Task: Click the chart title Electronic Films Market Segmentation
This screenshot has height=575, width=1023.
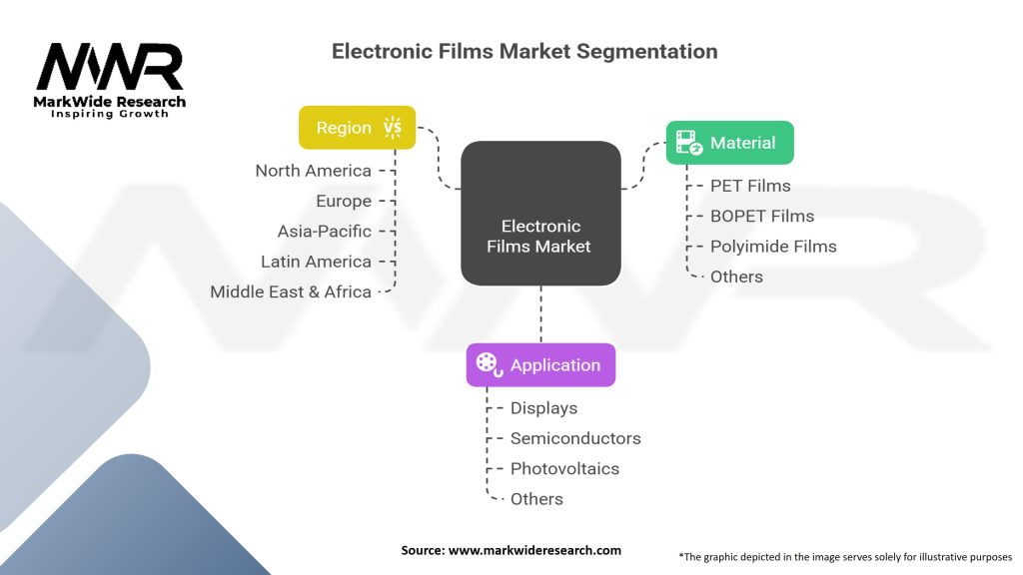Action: [524, 51]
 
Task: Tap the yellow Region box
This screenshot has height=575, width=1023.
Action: [357, 128]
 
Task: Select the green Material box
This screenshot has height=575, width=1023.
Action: [729, 143]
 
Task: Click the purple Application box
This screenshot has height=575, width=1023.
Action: [540, 365]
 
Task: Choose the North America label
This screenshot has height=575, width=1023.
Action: [313, 171]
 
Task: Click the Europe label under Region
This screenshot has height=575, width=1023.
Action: [343, 201]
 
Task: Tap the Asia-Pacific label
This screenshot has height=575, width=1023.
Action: [324, 232]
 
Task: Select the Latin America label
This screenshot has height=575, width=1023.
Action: [316, 262]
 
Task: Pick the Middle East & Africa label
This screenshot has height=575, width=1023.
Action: [290, 292]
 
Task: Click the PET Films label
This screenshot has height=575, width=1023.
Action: [749, 186]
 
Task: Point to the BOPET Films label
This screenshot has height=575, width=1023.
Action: [761, 216]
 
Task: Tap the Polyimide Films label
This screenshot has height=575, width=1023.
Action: [772, 247]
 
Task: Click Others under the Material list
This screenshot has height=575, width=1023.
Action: [735, 277]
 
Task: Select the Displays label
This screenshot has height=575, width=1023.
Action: [543, 408]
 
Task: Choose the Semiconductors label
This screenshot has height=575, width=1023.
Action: [574, 438]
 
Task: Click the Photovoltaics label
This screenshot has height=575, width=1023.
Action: [564, 469]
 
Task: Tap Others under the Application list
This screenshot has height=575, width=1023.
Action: [535, 499]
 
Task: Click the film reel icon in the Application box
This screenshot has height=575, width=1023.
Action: [489, 365]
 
